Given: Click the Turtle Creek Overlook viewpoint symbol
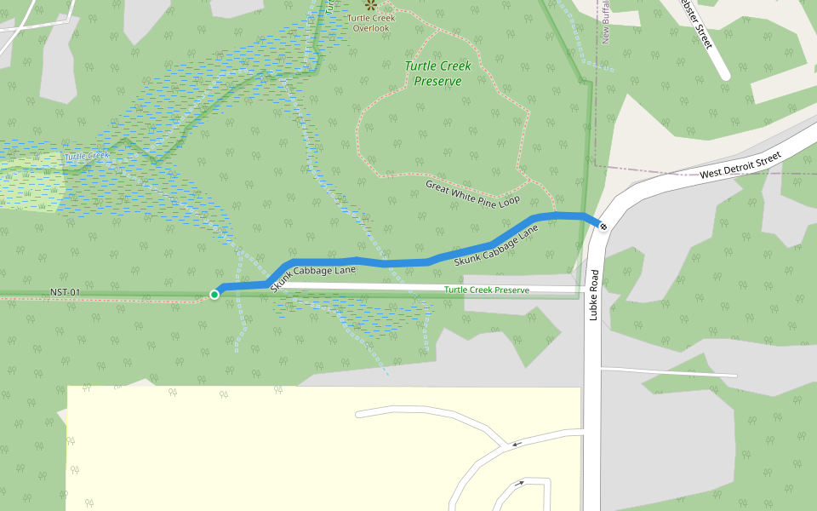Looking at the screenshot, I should coord(369,4).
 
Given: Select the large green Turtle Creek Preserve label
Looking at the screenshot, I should coord(437,73).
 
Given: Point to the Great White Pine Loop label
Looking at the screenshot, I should coord(471,193).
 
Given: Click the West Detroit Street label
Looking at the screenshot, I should coord(740,166).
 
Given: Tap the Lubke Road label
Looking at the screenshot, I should coord(593,296).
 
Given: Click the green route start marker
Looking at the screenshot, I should coord(214,295).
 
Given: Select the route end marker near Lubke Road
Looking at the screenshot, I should coord(603,226).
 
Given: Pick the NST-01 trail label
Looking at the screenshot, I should coord(66,293).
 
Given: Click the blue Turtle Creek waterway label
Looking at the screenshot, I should coord(88,156).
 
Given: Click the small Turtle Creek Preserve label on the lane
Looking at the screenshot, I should coord(487,290).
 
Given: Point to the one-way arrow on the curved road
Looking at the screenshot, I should coord(517,444).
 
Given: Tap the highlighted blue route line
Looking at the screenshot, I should coord(391,261).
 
